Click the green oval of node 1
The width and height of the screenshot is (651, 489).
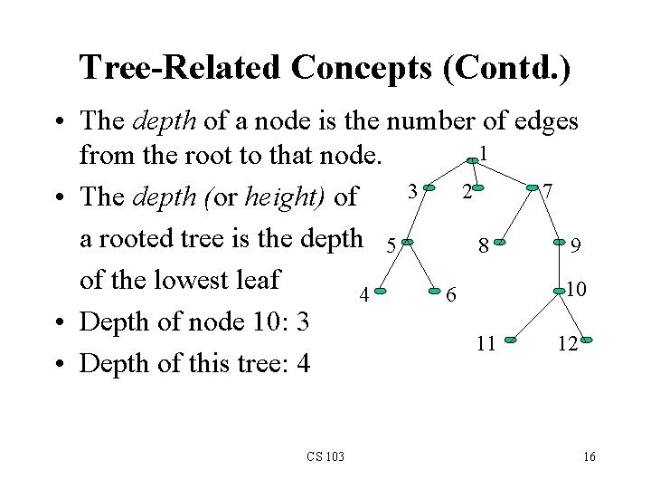point(473,159)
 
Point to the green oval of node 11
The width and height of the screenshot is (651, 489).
point(511,340)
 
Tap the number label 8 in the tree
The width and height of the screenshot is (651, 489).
point(485,244)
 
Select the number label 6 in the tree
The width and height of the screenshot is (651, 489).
point(454,295)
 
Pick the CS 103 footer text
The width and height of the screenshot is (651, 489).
point(325,456)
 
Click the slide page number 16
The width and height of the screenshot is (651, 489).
point(589,456)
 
